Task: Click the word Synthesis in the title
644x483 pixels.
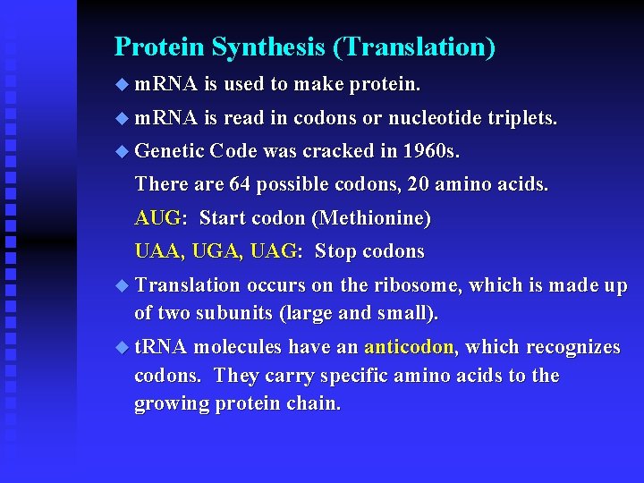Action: tap(258, 47)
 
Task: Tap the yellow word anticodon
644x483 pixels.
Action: tap(411, 347)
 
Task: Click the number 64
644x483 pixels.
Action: tap(241, 185)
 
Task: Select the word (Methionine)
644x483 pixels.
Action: tap(374, 218)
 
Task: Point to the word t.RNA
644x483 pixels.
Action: tap(161, 347)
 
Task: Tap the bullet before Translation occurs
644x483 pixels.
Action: tap(122, 286)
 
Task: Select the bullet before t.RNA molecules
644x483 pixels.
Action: tap(122, 348)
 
